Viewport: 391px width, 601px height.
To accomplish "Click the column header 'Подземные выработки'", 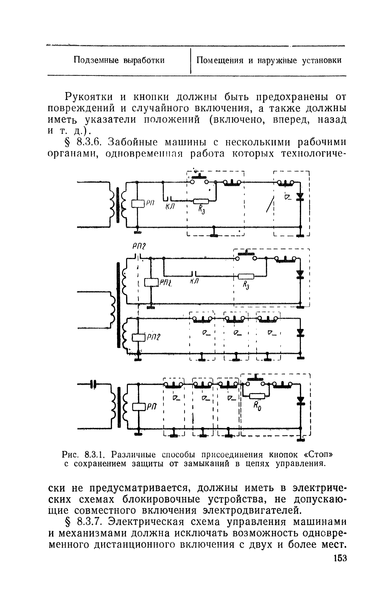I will click(x=119, y=61).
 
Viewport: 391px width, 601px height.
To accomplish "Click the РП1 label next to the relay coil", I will click(x=166, y=282).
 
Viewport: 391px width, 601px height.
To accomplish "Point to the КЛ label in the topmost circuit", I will click(x=170, y=207).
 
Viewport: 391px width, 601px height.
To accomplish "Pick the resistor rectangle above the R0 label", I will click(x=258, y=396).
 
